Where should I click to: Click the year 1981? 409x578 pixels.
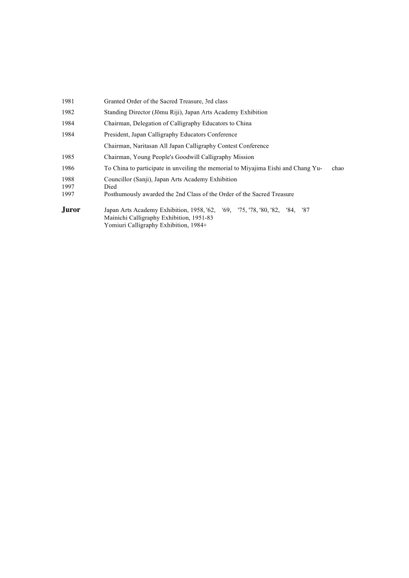tap(68, 101)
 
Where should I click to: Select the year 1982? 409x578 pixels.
tap(68, 112)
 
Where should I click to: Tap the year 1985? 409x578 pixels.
tap(68, 157)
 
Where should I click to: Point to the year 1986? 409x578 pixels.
tap(68, 168)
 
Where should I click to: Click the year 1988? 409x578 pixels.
tap(68, 179)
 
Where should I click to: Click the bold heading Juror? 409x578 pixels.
tap(71, 210)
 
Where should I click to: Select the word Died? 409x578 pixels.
tap(111, 187)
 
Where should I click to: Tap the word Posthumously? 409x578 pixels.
tap(121, 194)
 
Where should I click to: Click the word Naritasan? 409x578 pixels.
tap(145, 146)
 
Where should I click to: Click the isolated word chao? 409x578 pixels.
tap(338, 168)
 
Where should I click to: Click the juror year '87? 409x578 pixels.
tap(305, 210)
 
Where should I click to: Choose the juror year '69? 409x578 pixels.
tap(227, 210)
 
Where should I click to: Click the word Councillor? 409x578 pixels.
tap(118, 179)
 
